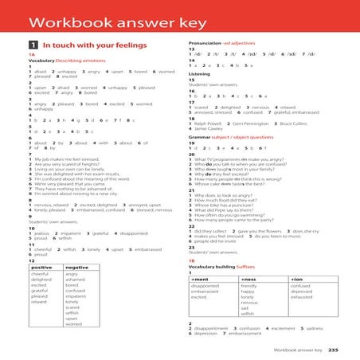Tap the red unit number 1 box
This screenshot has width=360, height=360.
pyautogui.click(x=33, y=45)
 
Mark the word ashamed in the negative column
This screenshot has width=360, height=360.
pyautogui.click(x=76, y=280)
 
